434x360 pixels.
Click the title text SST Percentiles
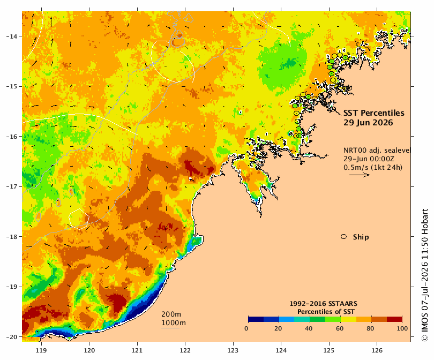coord(373,113)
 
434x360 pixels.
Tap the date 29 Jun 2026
coord(368,123)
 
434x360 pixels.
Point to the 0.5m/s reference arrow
coord(360,175)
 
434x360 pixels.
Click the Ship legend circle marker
coord(344,237)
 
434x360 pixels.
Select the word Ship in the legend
coord(361,237)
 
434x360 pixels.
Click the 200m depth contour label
coord(171,314)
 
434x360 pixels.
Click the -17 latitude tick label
coord(12,186)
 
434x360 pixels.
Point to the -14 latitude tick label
coord(12,36)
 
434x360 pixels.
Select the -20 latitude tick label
coord(12,337)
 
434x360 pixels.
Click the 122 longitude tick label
coord(185,350)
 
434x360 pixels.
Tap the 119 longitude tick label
coord(41,350)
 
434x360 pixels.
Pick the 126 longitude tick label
coord(377,350)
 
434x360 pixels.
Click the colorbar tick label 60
coord(340,328)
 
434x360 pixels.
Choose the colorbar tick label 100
coord(402,328)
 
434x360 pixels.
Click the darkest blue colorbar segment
coord(256,319)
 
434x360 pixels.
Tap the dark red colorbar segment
coord(394,319)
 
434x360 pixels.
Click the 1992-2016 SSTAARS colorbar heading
coord(323,304)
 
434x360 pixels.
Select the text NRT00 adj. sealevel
coord(377,150)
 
